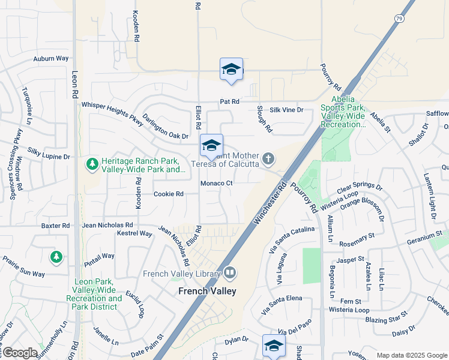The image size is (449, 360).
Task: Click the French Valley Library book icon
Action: click(x=230, y=274)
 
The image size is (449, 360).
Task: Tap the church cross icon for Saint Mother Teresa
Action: click(x=268, y=159)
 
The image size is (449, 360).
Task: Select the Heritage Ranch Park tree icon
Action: click(x=92, y=163)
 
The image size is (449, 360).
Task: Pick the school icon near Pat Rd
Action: click(x=231, y=70)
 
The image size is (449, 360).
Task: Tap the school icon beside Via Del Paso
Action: click(x=274, y=346)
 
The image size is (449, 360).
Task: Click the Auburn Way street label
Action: click(x=51, y=59)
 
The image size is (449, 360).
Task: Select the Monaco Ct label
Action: click(x=216, y=183)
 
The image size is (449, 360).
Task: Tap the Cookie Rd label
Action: click(x=168, y=194)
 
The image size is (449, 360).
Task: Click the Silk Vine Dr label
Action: click(x=286, y=110)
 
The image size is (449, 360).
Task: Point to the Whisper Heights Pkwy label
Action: click(x=113, y=112)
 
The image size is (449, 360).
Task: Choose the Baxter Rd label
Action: click(x=55, y=226)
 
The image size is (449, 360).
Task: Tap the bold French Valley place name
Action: click(x=207, y=291)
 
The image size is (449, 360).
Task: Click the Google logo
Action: click(x=19, y=353)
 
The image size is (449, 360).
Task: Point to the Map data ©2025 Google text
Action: click(x=411, y=355)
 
